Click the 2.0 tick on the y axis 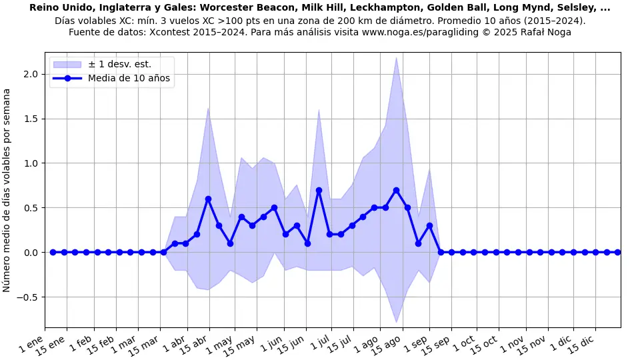[31, 74]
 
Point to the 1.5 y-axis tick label [31, 119]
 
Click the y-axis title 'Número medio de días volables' [7, 190]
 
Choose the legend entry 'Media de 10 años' [129, 79]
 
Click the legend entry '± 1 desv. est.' [119, 64]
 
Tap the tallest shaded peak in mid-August [396, 58]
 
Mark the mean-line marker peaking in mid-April [208, 199]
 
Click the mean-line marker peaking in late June [319, 190]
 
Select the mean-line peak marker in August [396, 190]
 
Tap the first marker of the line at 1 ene [53, 253]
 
